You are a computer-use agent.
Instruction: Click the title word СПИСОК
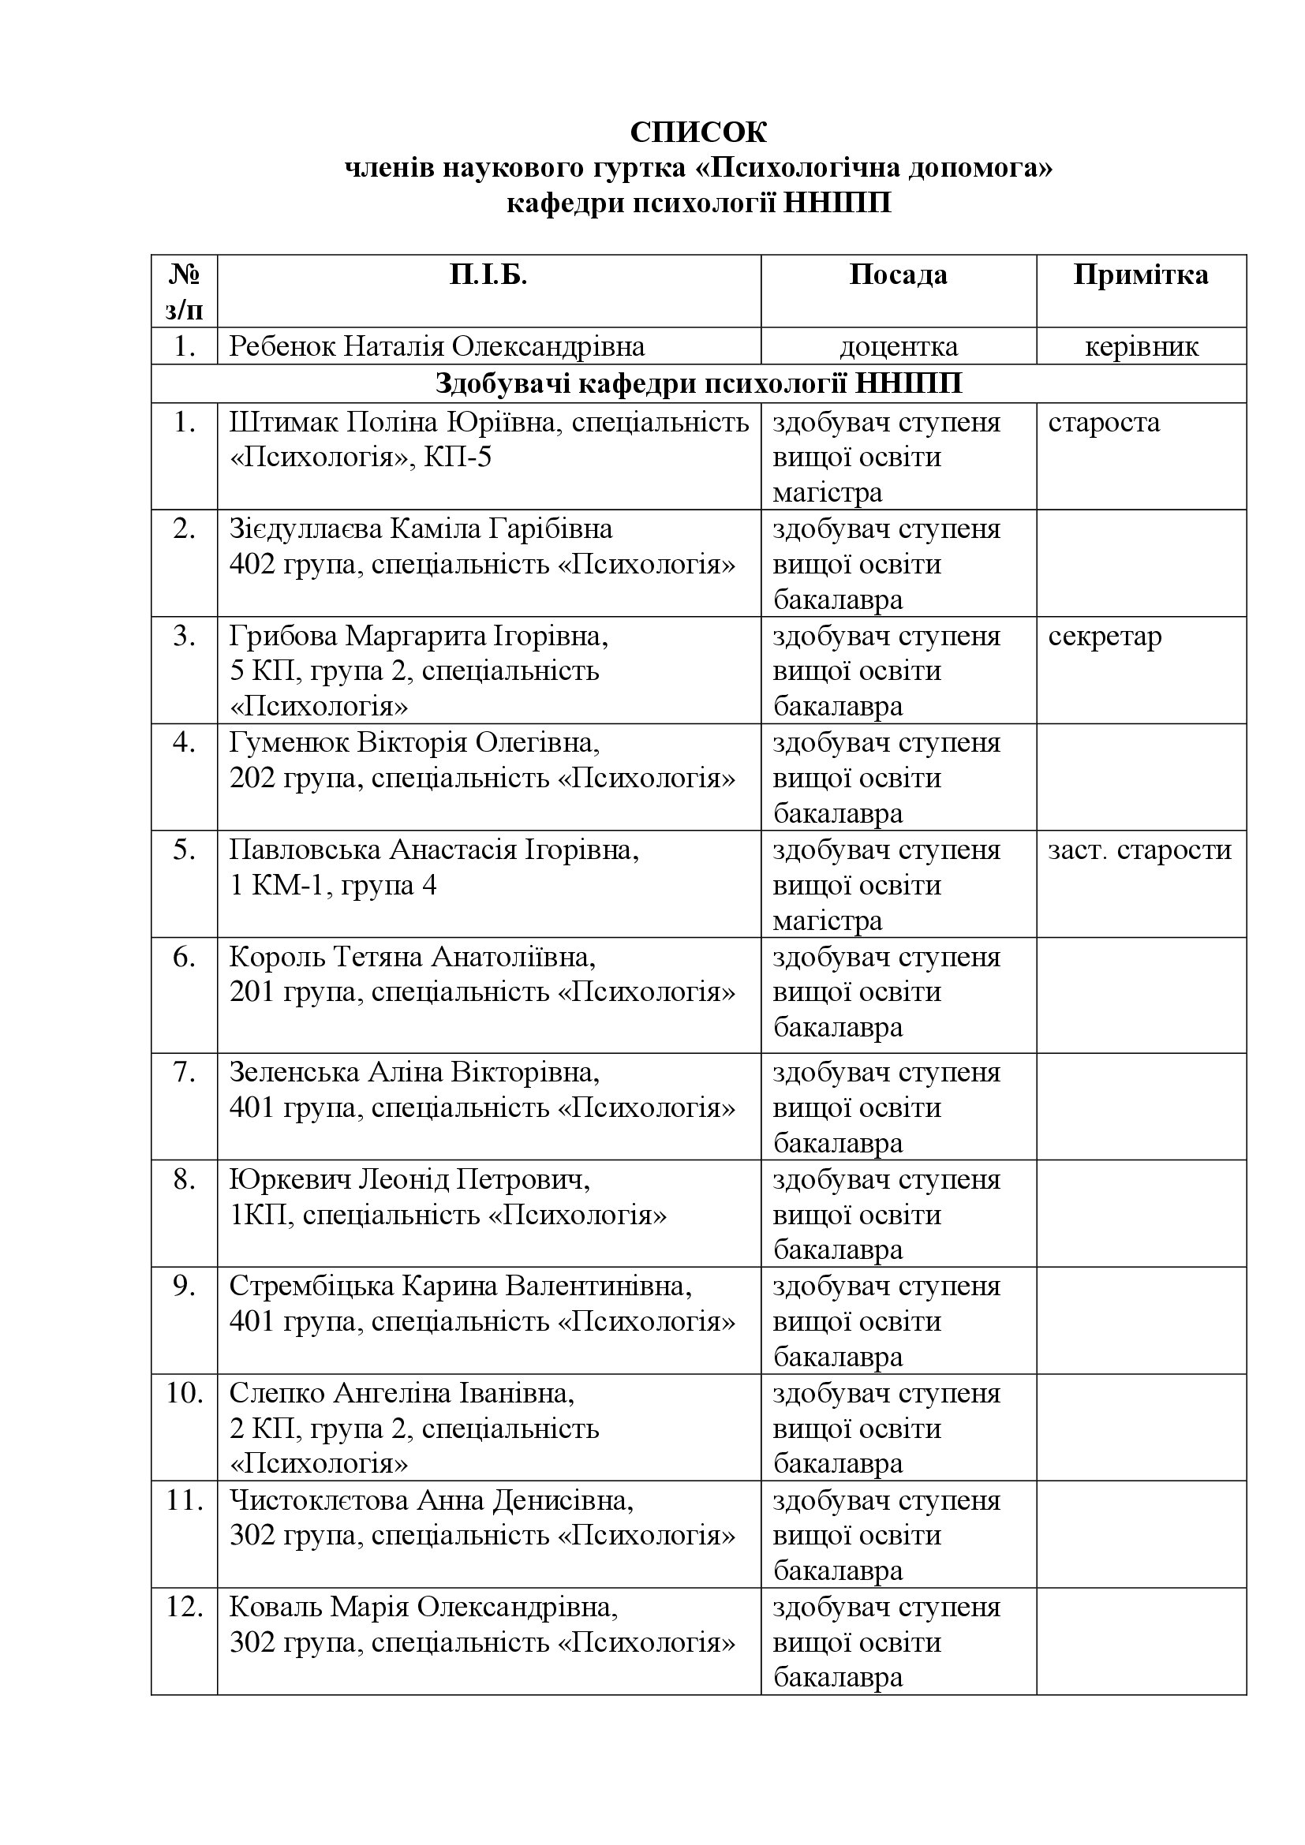[697, 133]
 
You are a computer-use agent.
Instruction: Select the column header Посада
[898, 275]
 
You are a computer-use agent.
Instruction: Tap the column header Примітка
[1140, 275]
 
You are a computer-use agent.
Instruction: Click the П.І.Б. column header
[488, 275]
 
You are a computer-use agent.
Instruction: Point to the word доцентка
[899, 347]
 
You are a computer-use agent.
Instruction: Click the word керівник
[1141, 347]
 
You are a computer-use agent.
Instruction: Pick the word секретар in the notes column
[1104, 637]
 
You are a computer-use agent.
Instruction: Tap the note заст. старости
[1139, 850]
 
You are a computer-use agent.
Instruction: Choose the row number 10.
[184, 1393]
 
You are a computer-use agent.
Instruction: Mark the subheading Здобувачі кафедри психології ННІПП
[697, 384]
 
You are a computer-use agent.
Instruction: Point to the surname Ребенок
[281, 347]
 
